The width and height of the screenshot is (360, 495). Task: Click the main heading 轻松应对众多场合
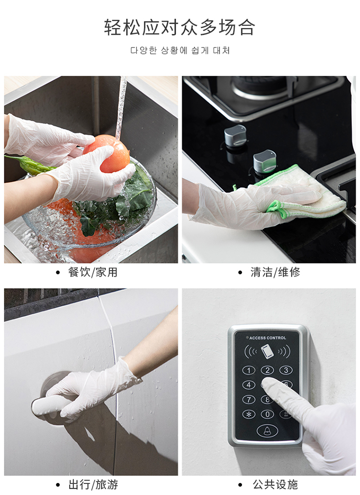(x=180, y=27)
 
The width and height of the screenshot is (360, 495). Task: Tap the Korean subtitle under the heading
(x=180, y=50)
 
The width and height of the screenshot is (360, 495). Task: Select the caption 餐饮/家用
(x=93, y=272)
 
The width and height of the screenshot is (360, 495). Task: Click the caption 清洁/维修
(x=275, y=272)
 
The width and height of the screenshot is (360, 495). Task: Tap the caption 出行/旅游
(x=93, y=484)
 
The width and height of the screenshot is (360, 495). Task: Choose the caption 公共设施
(x=275, y=484)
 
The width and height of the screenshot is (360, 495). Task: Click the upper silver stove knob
(x=235, y=135)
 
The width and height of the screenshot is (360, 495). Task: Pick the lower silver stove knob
(x=264, y=161)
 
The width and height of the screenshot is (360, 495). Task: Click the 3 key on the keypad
(x=286, y=370)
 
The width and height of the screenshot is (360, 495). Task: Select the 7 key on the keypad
(x=249, y=399)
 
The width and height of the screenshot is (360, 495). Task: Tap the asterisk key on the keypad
(x=249, y=414)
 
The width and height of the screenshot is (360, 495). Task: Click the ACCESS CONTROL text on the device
(x=267, y=338)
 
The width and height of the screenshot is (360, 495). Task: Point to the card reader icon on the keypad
(x=267, y=351)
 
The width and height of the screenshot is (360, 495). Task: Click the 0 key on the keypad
(x=267, y=414)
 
